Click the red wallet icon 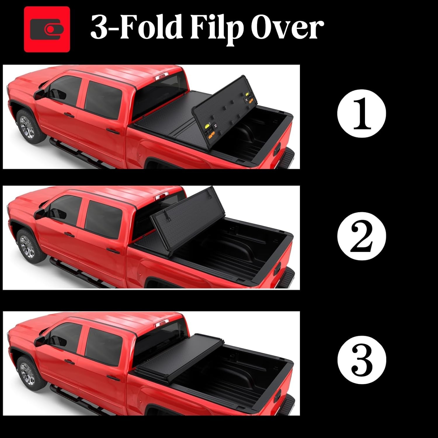[47, 29]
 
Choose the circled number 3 [361, 359]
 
